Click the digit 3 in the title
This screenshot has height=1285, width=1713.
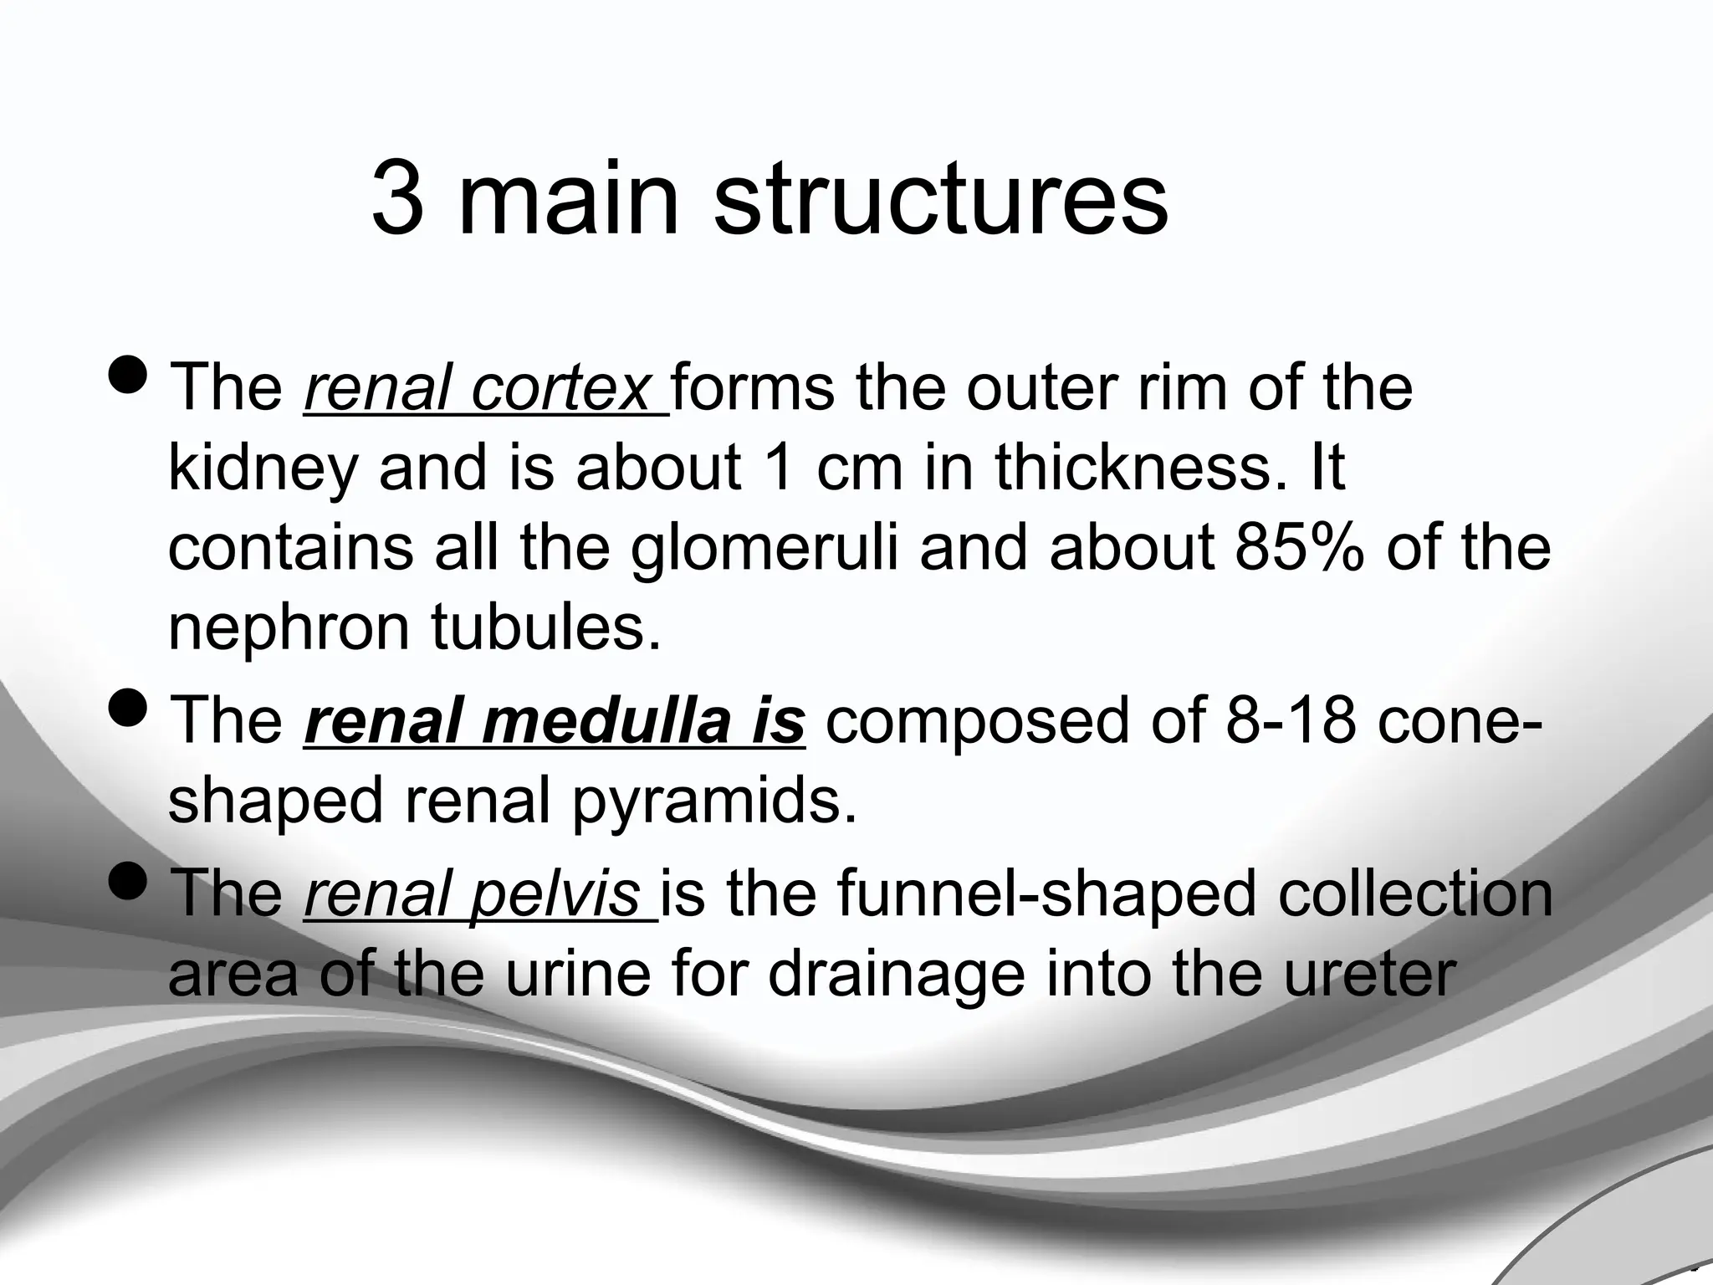click(397, 199)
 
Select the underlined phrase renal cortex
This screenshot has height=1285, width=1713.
click(485, 388)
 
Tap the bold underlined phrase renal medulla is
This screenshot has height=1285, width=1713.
click(554, 721)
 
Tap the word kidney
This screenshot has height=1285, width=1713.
click(263, 470)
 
